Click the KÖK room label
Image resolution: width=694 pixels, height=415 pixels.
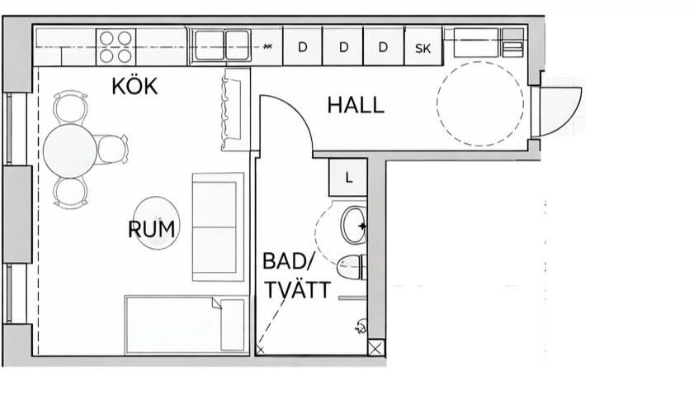click(x=135, y=86)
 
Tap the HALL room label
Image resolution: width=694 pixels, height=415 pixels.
click(x=356, y=106)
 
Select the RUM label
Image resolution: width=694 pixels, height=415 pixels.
click(x=151, y=229)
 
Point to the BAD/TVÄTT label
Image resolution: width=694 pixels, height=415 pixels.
click(x=296, y=276)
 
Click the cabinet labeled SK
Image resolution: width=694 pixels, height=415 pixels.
click(x=423, y=46)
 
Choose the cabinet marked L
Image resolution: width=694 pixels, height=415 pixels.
click(x=348, y=178)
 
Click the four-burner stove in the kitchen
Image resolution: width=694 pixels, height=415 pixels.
click(x=116, y=46)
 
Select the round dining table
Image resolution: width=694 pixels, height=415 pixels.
click(x=70, y=151)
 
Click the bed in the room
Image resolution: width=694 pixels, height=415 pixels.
click(x=185, y=325)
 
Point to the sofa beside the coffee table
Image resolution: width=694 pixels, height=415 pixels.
click(x=218, y=227)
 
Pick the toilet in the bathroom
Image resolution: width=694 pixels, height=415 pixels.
click(x=352, y=267)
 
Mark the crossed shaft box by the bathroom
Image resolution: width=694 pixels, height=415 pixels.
click(x=376, y=349)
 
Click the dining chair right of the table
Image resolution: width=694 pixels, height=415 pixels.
click(x=111, y=149)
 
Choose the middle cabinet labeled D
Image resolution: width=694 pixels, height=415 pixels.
click(x=343, y=46)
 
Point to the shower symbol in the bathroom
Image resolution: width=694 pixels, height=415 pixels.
click(x=361, y=327)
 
